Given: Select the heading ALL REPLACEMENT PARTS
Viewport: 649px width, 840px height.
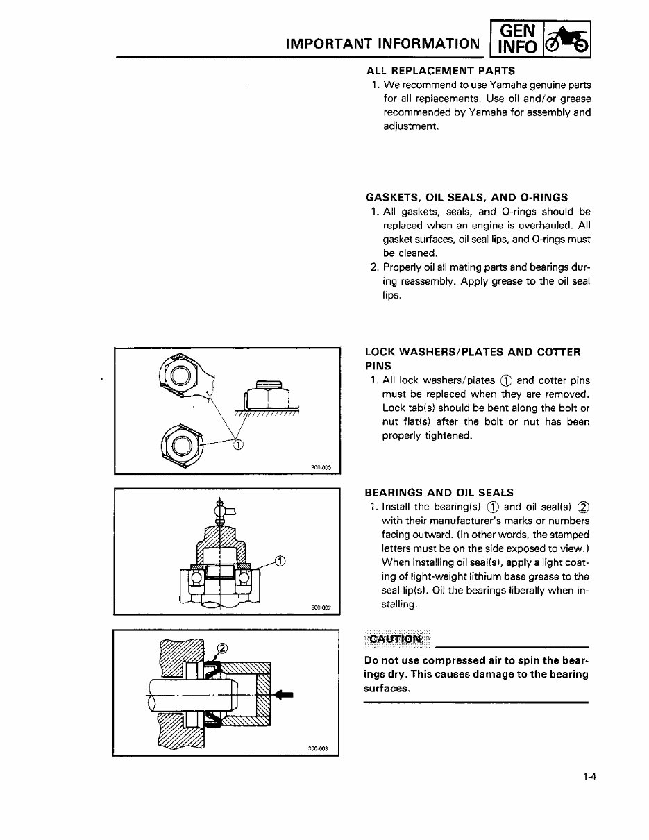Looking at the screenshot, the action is coord(441,70).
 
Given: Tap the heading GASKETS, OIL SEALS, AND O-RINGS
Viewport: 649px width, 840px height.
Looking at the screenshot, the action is coord(466,197).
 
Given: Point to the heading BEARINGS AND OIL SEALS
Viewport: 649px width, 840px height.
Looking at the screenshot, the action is coord(439,493).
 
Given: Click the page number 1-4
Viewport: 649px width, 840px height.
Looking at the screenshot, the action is coord(590,778).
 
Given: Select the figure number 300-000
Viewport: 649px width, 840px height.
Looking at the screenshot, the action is coord(323,467).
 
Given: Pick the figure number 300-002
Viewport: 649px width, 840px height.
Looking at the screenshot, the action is coord(321,607).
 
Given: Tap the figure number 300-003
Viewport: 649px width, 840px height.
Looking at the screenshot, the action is coord(317,748).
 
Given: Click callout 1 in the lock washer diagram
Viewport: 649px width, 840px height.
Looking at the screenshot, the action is coord(238,445).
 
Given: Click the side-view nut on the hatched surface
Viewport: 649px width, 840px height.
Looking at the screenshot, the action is coord(267,396).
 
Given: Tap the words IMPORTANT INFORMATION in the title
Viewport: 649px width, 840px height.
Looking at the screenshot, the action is coord(382,44).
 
